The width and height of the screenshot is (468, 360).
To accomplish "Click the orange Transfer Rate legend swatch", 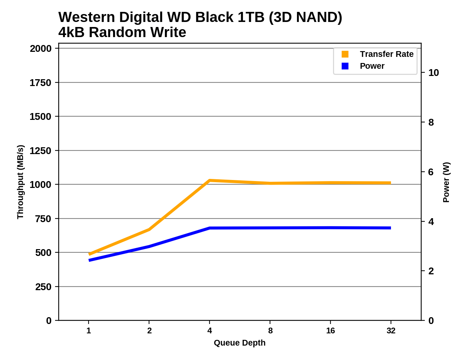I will coord(345,54).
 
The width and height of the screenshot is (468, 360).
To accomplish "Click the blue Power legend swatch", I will coord(345,66).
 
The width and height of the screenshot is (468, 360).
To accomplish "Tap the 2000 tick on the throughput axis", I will coord(40,49).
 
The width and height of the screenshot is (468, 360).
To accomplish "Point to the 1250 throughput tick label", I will coord(40,151).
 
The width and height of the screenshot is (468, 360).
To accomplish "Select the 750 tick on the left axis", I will coord(43,219).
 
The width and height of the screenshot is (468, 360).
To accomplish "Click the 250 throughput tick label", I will coord(43,287).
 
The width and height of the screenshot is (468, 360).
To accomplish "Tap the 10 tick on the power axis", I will coord(433,73).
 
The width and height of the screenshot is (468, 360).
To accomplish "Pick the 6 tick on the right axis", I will coord(431,172).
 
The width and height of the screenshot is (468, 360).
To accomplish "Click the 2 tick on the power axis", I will coord(431,271).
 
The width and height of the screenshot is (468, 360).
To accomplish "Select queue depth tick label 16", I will coord(330,330).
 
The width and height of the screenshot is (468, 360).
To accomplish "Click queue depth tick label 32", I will coord(391,330).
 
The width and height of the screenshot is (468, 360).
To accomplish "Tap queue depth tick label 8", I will coord(270,330).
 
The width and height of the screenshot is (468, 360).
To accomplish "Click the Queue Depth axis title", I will coord(239,343).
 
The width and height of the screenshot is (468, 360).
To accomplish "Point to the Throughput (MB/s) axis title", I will coord(20,182).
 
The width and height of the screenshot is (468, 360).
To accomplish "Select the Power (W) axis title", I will coord(446,182).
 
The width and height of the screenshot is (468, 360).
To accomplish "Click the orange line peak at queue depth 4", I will coord(210,180).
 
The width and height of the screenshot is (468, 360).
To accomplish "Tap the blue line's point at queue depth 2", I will coord(149,247).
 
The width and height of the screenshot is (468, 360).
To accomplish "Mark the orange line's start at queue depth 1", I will coord(89,254).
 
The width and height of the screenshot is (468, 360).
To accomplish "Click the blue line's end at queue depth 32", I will coord(391,228).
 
